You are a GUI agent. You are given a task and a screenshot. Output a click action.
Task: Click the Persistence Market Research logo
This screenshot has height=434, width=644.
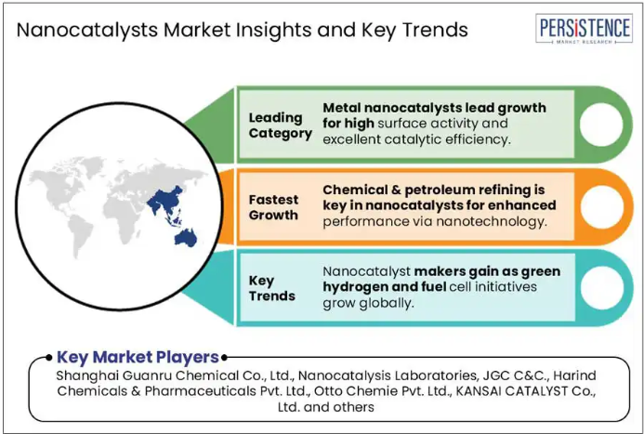coord(584,28)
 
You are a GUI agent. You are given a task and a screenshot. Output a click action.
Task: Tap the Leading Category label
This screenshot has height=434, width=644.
coord(280,125)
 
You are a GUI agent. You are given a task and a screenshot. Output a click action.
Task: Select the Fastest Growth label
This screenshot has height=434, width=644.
coord(273,207)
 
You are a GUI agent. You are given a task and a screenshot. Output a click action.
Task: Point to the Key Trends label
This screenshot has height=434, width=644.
coord(272,288)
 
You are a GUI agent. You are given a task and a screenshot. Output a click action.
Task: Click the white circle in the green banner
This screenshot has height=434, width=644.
coord(601,125)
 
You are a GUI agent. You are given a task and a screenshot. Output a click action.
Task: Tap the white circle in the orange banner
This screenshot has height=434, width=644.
coord(601,206)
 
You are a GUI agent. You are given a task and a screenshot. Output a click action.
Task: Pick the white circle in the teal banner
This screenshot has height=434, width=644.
coord(601,288)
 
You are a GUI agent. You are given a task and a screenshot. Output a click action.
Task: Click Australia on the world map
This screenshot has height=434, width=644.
coord(186,238)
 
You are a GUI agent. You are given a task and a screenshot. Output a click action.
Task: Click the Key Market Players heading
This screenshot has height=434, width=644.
coord(138,357)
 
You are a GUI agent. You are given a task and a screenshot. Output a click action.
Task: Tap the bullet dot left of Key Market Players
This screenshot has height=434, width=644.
coord(49,357)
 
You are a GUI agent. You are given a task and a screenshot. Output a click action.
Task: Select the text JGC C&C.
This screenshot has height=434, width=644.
coord(519,375)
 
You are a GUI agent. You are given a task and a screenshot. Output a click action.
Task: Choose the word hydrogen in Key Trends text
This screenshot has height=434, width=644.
coord(355,287)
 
